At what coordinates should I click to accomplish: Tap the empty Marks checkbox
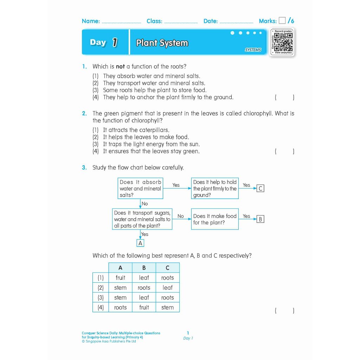point(282,21)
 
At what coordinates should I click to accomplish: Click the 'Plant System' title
point(162,43)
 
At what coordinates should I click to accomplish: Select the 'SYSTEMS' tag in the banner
point(253,50)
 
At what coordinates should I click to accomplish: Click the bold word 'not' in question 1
point(120,66)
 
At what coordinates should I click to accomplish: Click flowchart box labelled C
point(260,188)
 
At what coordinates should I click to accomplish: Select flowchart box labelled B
point(260,219)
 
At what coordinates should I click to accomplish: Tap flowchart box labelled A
point(140,243)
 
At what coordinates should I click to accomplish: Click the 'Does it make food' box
point(214,219)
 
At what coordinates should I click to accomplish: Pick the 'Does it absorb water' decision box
point(140,188)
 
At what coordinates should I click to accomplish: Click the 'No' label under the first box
point(144,204)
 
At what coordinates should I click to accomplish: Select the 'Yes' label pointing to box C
point(246,185)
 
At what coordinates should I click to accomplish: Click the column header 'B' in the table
point(144,268)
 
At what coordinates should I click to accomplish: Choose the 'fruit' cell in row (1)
point(120,278)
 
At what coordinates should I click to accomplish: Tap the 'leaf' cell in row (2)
point(167,288)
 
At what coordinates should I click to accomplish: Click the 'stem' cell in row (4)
point(167,307)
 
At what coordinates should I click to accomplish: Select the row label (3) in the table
point(101,297)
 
